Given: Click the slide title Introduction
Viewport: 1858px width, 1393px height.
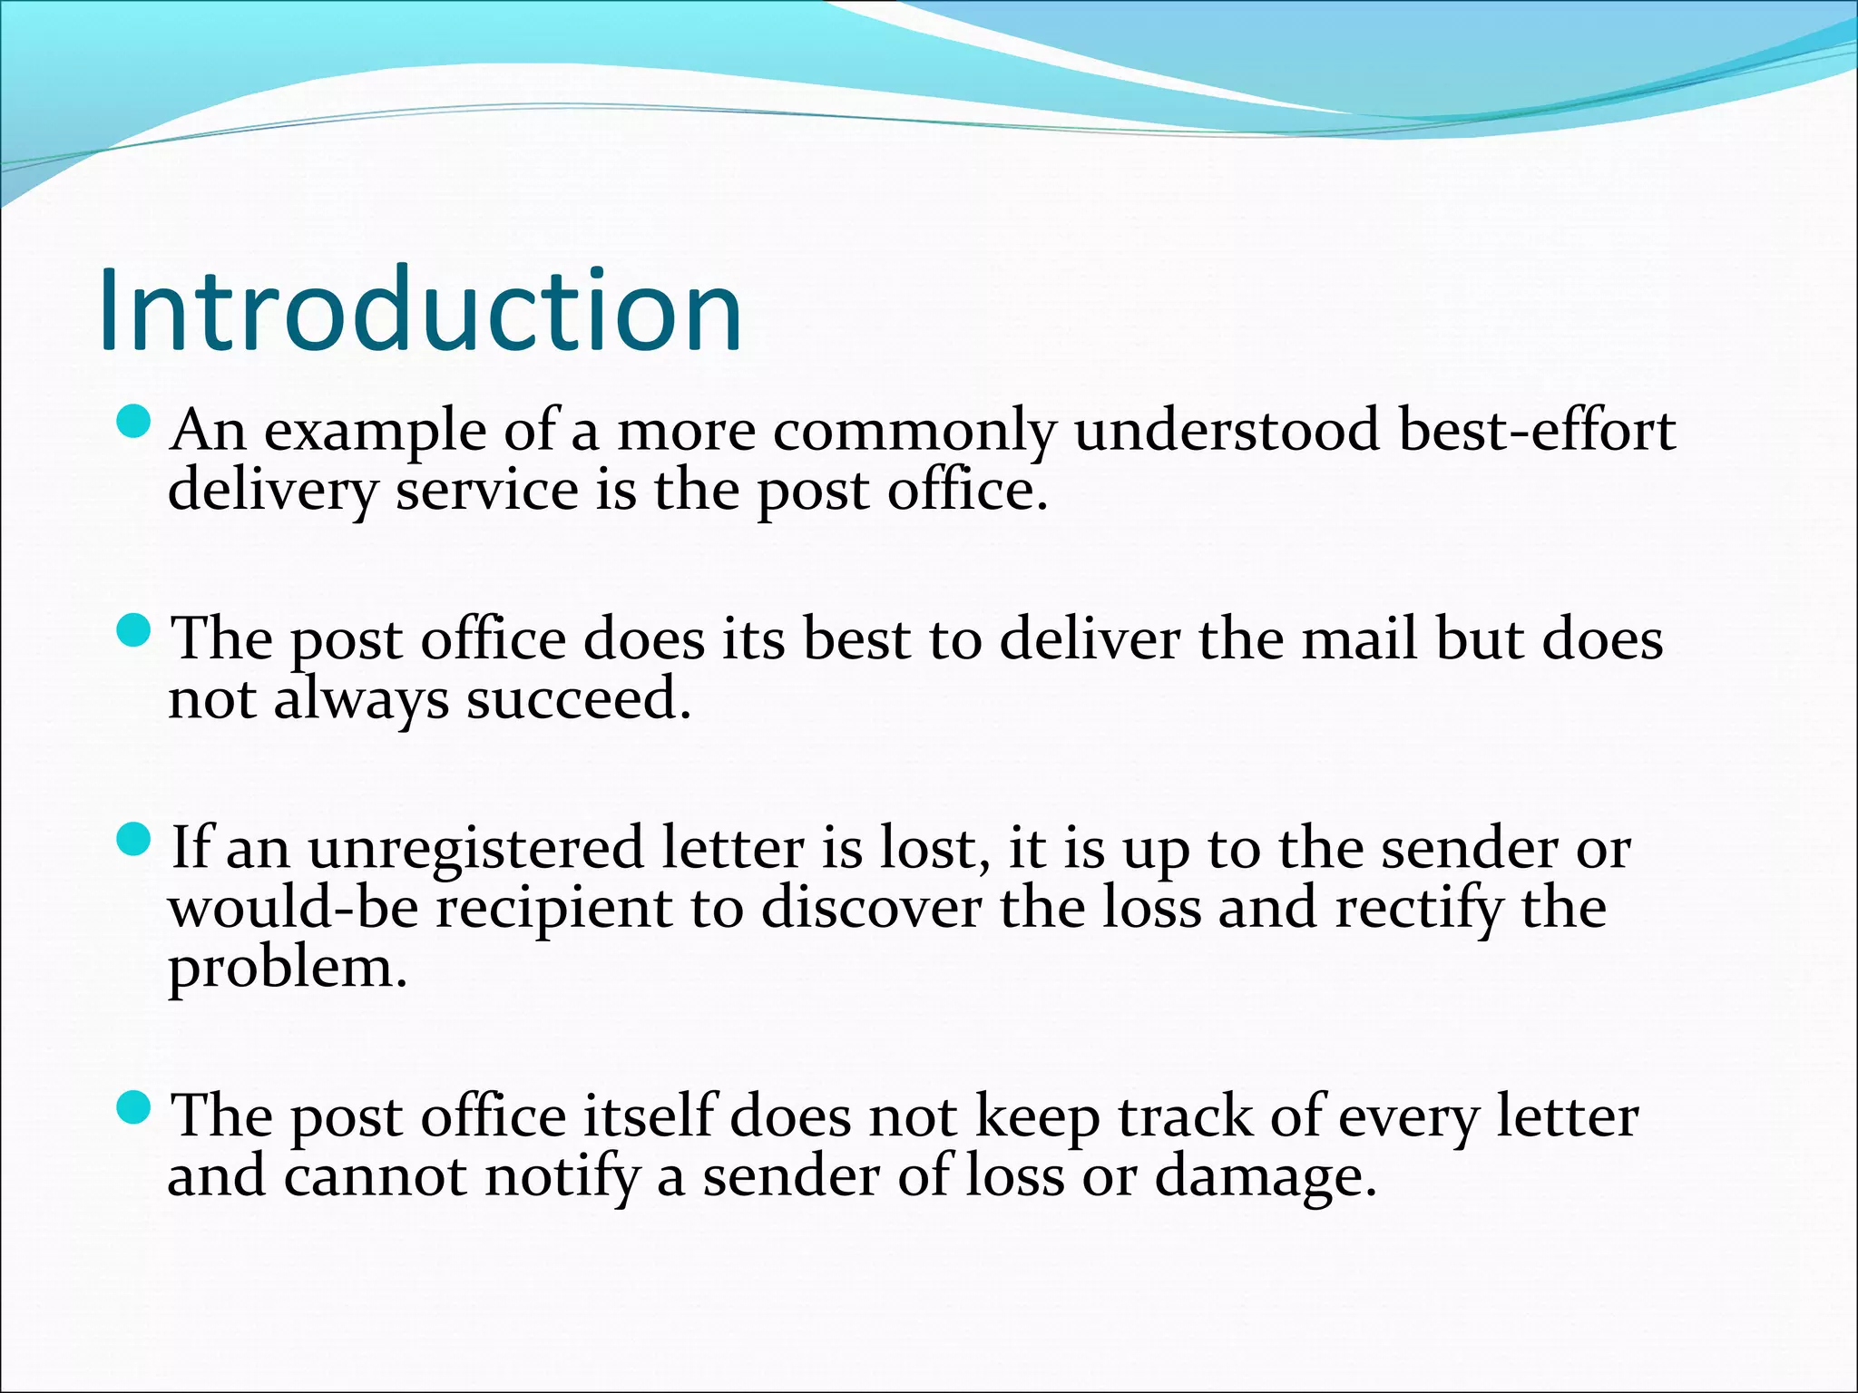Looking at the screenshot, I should [x=420, y=309].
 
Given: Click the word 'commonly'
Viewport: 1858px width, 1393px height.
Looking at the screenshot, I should [x=914, y=432].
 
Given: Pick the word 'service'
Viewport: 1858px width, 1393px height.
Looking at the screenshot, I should [x=487, y=491].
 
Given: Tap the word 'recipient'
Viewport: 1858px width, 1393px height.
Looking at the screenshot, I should [x=554, y=910].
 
